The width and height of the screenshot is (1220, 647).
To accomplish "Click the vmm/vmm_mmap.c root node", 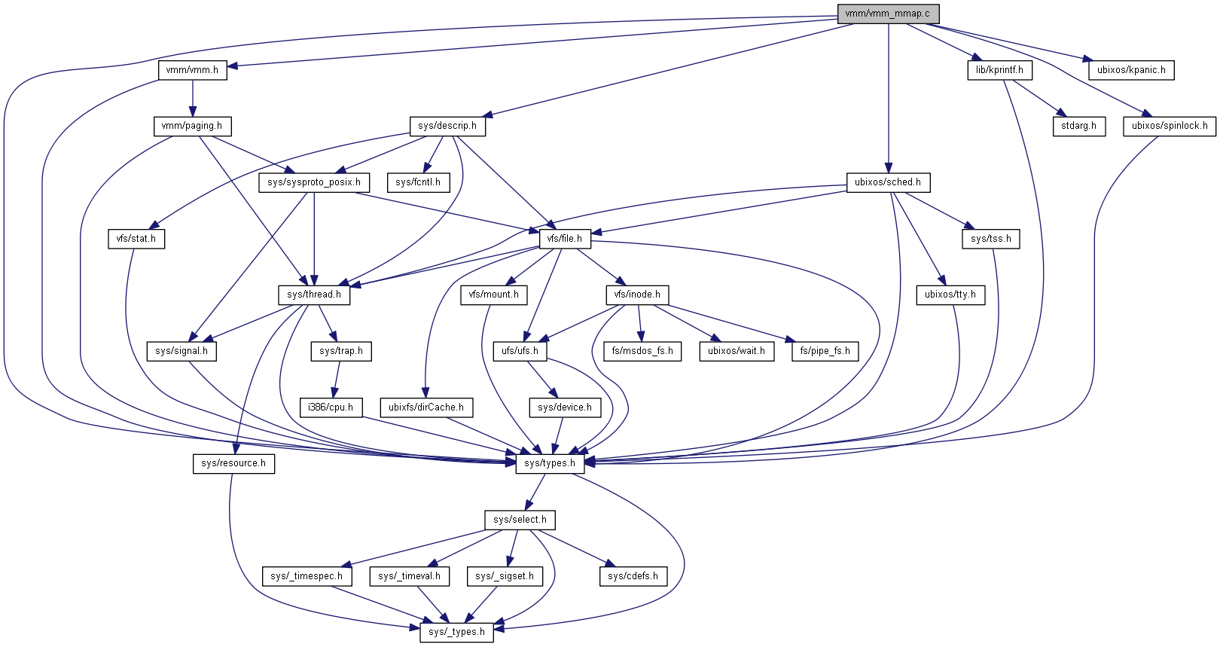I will click(x=888, y=14).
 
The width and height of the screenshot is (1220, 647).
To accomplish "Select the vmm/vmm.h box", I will click(x=193, y=70).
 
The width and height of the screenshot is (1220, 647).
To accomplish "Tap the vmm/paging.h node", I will click(x=192, y=126).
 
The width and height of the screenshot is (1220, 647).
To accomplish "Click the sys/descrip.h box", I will click(x=447, y=126).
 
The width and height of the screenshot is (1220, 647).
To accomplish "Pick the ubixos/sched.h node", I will click(x=888, y=182).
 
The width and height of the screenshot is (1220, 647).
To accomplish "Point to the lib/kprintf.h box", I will click(x=999, y=70).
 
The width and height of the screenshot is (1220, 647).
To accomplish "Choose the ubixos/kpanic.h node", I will click(x=1131, y=70).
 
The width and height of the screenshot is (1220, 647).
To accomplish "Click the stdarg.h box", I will click(x=1079, y=126).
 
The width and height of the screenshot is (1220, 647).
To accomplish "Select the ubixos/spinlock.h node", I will click(x=1170, y=126).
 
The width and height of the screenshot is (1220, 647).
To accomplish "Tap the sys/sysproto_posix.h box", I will click(x=314, y=182).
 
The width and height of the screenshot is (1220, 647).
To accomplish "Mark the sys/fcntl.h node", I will click(x=418, y=182).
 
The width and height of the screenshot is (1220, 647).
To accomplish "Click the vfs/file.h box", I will click(x=565, y=239).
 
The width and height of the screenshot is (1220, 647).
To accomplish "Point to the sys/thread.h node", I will click(x=314, y=295).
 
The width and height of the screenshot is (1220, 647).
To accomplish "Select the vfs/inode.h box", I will click(x=637, y=295).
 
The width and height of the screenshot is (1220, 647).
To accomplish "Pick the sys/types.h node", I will click(x=550, y=463).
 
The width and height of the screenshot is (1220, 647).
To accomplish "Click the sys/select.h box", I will click(x=520, y=520).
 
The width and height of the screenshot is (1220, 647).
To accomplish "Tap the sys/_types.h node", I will click(x=457, y=632).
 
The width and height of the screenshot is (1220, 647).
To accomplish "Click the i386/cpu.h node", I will click(x=331, y=407).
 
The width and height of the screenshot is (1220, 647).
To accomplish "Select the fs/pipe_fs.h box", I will click(x=825, y=351).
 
